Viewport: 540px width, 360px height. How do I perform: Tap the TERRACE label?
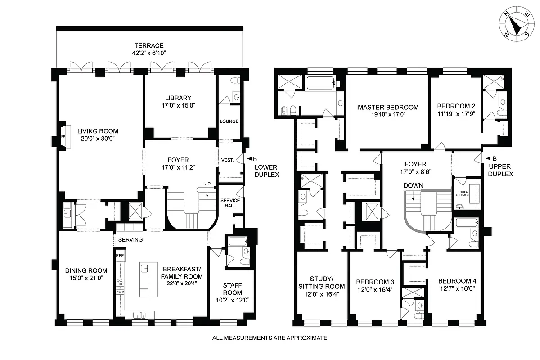(148, 45)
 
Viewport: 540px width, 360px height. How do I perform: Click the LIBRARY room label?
(178, 98)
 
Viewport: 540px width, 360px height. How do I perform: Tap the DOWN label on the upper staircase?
(413, 185)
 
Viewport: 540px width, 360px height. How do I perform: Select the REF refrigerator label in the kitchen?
(120, 256)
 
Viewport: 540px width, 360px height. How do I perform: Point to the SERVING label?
(130, 240)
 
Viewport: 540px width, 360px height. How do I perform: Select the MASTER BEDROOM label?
(388, 107)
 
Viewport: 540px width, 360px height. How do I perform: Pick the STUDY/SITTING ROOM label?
(322, 282)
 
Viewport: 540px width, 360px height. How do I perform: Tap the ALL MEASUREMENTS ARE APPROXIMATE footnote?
(270, 337)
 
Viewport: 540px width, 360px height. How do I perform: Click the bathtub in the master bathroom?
(320, 82)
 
